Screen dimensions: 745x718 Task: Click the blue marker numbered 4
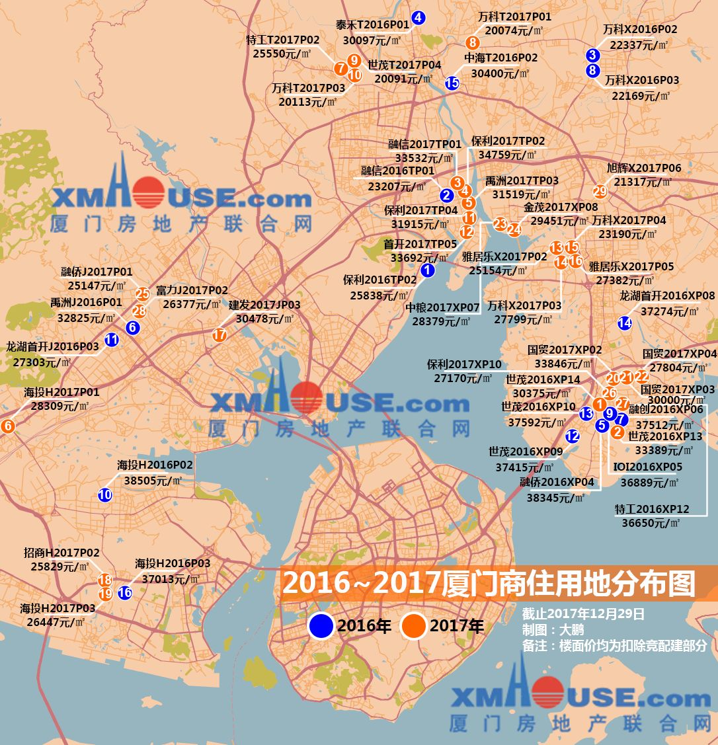418,18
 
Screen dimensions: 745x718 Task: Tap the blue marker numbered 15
452,83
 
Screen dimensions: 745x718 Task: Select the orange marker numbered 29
600,192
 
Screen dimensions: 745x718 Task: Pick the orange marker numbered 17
219,335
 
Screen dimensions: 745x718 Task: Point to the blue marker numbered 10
105,494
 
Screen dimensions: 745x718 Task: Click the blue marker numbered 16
125,593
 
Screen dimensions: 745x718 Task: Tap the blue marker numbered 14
624,323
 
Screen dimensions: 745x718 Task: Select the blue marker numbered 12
573,436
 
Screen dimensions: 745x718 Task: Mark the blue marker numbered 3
592,56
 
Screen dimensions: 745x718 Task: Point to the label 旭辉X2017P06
643,169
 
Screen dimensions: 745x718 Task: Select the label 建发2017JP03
264,305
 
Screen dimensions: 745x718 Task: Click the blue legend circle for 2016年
321,626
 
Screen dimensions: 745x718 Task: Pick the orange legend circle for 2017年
414,626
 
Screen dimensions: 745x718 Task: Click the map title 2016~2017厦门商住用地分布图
489,583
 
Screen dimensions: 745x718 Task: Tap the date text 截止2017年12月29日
582,614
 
